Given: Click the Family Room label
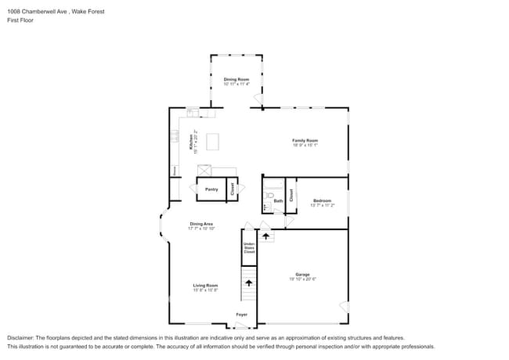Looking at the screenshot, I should [x=305, y=141].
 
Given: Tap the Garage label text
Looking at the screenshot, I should [x=303, y=275].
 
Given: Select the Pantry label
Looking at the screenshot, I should [x=211, y=189].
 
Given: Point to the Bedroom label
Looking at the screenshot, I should [x=323, y=201].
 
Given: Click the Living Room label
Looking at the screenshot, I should [x=205, y=286].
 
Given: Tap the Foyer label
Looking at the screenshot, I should [x=242, y=315].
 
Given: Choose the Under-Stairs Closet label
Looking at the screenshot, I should [x=249, y=249].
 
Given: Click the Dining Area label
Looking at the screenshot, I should [x=201, y=225].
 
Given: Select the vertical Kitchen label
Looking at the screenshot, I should [x=190, y=142].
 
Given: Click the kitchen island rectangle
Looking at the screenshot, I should [x=211, y=142].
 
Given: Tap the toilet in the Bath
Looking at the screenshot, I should [x=269, y=196].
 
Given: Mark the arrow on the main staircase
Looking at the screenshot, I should [x=249, y=283].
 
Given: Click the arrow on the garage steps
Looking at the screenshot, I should [x=266, y=235].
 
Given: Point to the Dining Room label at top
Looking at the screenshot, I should [x=236, y=80].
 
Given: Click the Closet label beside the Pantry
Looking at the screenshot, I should [x=232, y=189].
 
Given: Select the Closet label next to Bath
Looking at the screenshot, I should [x=291, y=196].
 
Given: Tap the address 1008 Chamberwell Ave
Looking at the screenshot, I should [x=32, y=12].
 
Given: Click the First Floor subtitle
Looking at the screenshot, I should [x=18, y=20].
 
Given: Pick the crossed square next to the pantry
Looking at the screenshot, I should [x=205, y=171].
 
